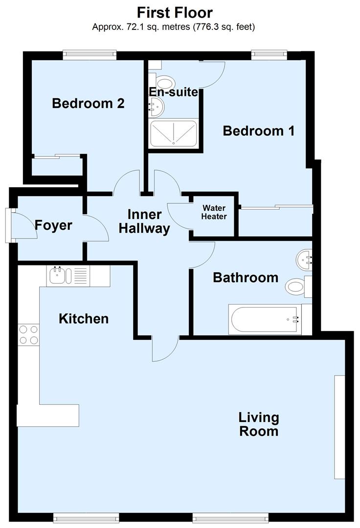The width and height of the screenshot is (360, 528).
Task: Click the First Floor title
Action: [174, 12]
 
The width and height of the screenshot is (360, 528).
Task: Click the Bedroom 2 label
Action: [88, 104]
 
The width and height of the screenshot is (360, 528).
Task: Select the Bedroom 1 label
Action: [258, 131]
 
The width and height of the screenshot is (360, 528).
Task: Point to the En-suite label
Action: [174, 92]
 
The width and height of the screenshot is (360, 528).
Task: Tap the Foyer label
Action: [53, 225]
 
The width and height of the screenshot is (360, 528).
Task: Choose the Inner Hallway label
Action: [144, 221]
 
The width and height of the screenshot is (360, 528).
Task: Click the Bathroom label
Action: [245, 278]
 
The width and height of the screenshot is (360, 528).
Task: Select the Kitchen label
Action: [84, 319]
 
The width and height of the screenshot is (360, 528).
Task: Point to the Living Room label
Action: [259, 424]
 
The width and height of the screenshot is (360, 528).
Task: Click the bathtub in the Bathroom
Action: [265, 320]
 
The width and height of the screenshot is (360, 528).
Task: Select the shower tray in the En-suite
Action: [174, 133]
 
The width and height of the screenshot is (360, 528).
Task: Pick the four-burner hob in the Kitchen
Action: [28, 335]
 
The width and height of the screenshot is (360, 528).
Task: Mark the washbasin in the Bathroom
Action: [305, 259]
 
